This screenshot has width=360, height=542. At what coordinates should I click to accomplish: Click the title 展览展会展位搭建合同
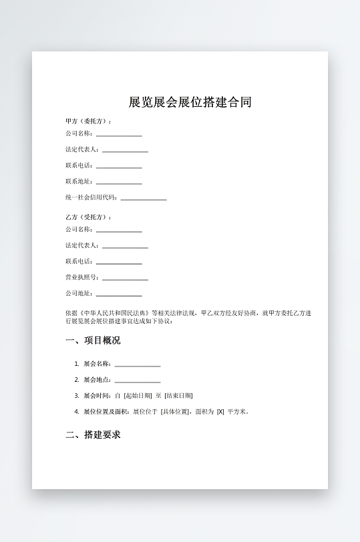pos(190,102)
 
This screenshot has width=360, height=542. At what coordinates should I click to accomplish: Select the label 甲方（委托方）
pos(88,121)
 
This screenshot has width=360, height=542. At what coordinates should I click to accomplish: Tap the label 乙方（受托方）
pos(88,217)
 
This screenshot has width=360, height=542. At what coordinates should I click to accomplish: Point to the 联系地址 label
pos(79,181)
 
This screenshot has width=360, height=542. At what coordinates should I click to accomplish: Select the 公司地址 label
pos(79,293)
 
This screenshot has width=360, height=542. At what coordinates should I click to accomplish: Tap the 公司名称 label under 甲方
pos(79,133)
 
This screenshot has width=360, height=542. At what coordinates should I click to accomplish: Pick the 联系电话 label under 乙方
pos(79,261)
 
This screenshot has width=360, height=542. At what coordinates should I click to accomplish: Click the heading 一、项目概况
pos(93,340)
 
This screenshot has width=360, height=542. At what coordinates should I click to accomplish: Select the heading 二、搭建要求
pos(93,435)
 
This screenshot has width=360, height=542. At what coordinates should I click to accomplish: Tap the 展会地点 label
pos(96,379)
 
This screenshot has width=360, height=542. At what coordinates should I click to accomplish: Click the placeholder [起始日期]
pos(138,395)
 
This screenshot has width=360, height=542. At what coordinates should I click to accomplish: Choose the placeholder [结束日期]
pos(178,395)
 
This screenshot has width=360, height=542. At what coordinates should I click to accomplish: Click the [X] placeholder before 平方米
pos(220,411)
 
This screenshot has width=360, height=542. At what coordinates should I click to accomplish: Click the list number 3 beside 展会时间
pos(77,395)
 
